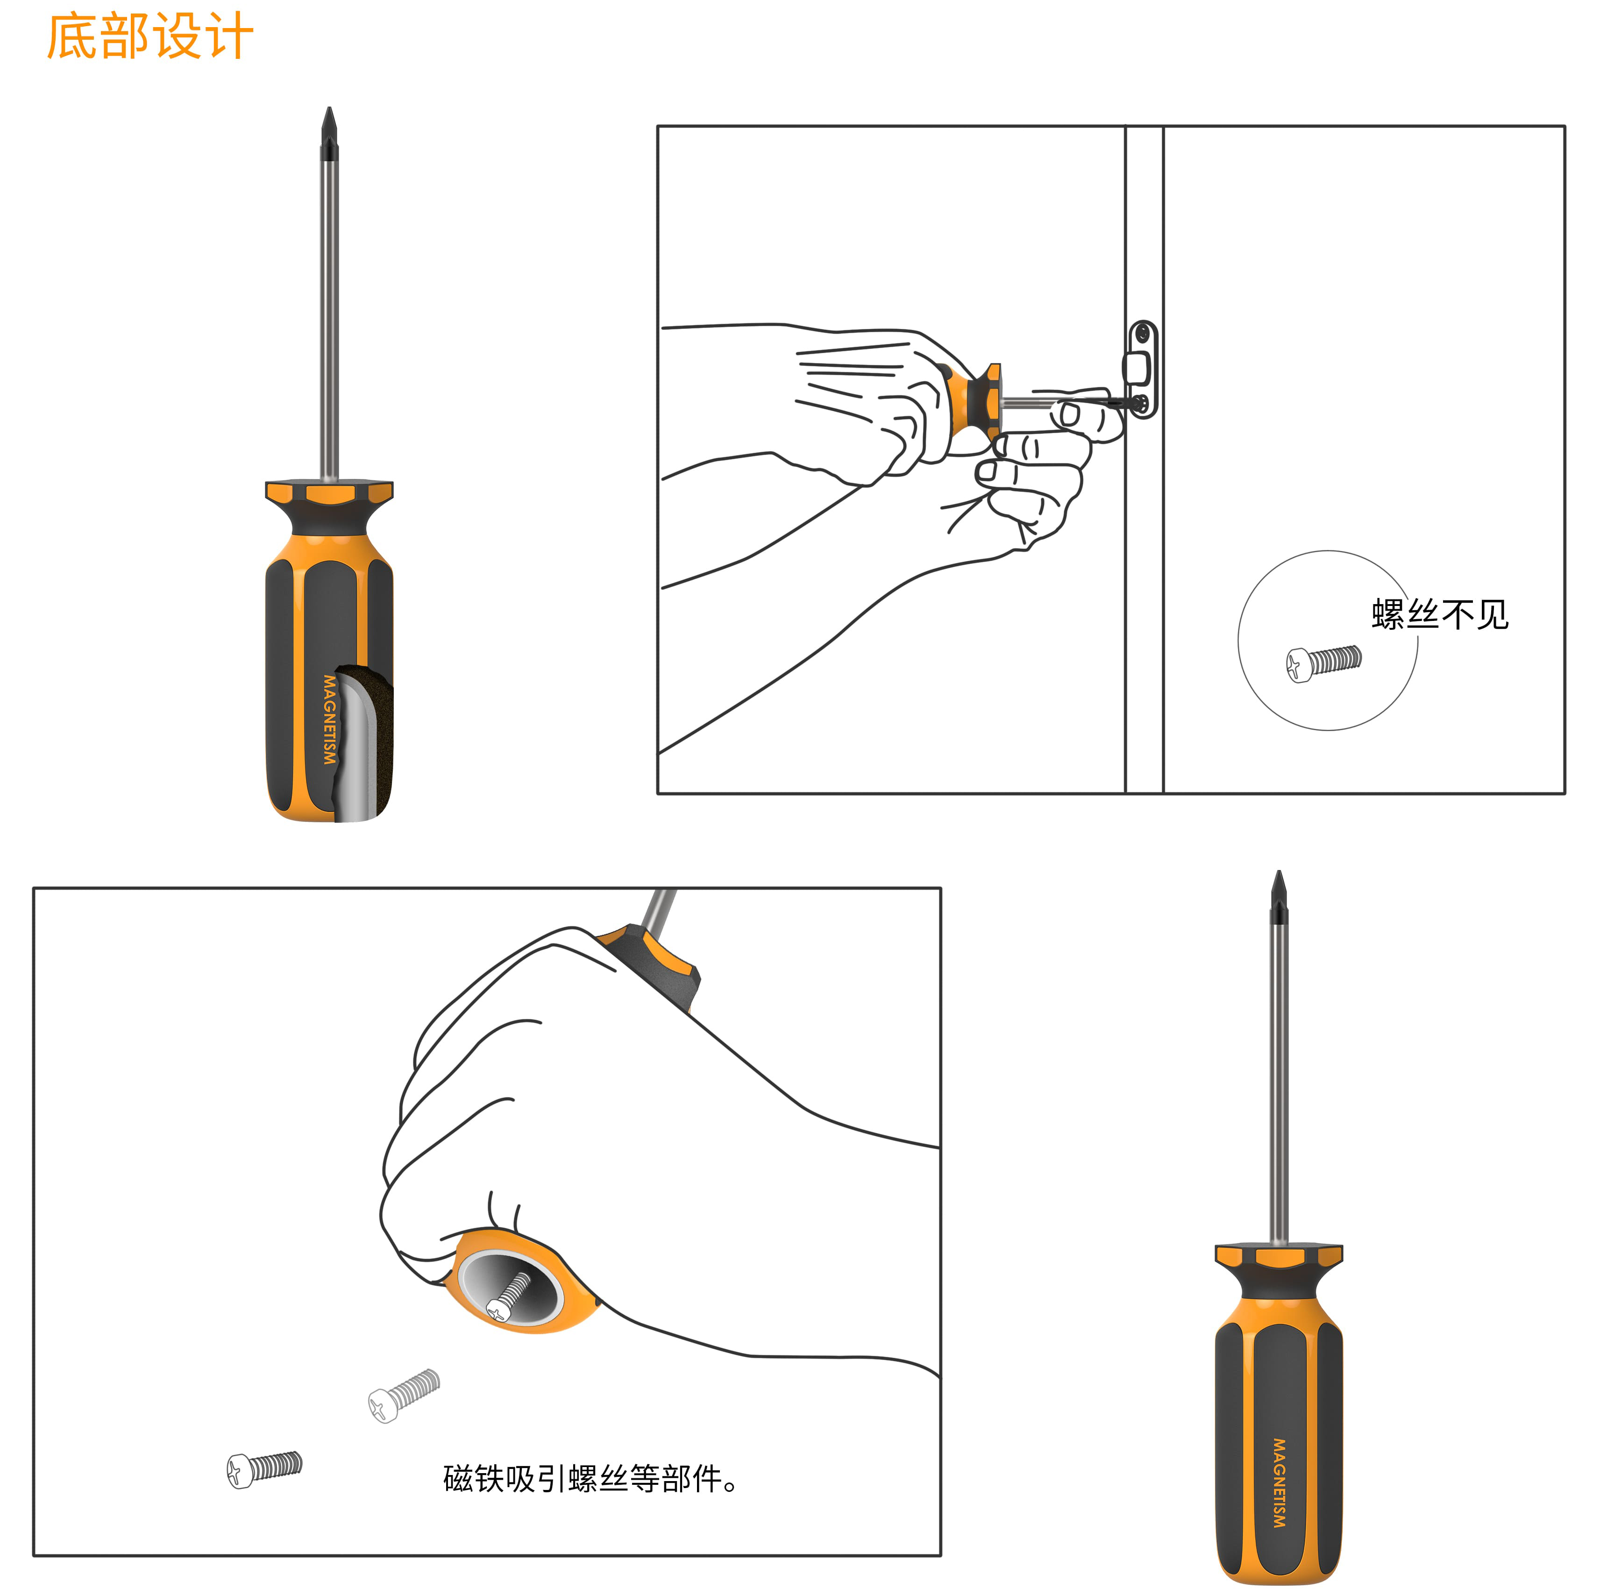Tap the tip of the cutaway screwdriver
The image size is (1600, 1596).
pyautogui.click(x=330, y=107)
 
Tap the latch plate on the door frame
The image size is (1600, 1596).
pyautogui.click(x=1143, y=370)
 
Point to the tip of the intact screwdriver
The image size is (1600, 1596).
pyautogui.click(x=1279, y=872)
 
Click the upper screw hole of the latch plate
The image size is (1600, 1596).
pyautogui.click(x=1143, y=334)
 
